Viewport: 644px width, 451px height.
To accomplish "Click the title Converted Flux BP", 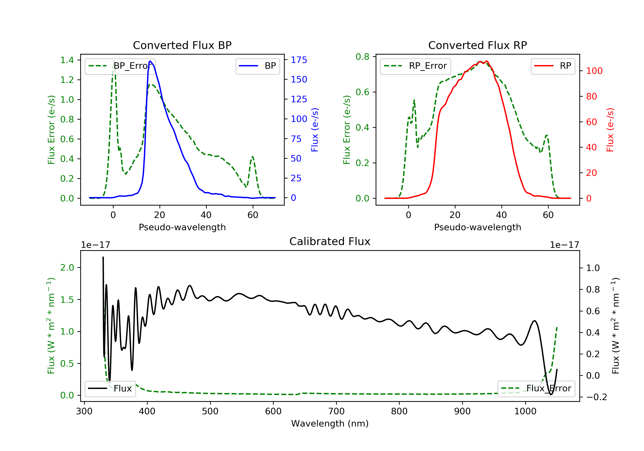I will tap(182, 45).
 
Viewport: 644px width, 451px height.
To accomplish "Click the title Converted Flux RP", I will tap(477, 45).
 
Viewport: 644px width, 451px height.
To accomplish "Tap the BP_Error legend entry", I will tap(120, 66).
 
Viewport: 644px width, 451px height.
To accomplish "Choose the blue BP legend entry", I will tap(257, 66).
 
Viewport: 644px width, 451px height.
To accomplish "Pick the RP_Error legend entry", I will tap(415, 66).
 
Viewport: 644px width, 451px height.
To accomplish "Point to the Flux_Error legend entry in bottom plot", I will tap(536, 389).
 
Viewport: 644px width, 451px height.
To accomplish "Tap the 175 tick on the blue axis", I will tap(299, 60).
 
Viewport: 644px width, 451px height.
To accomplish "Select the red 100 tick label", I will tap(594, 71).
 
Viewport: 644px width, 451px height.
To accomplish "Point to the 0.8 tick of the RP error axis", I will tap(362, 57).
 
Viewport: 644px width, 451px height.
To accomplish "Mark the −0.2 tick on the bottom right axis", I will tap(596, 397).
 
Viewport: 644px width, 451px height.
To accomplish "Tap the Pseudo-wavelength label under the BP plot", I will tap(182, 227).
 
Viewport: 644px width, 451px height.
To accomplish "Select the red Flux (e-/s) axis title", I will tap(610, 130).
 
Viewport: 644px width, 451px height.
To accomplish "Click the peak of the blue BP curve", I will tap(150, 61).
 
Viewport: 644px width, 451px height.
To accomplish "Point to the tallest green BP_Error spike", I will tap(114, 61).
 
